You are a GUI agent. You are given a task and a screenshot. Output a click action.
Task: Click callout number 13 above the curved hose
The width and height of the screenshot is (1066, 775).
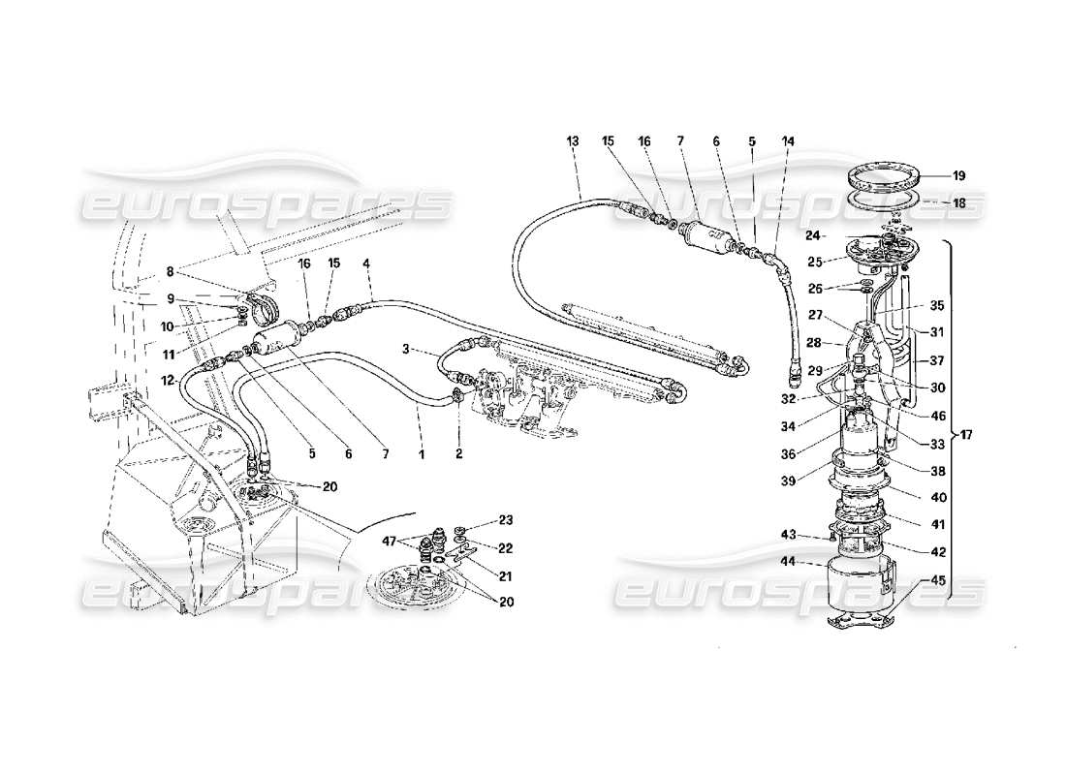pos(573,141)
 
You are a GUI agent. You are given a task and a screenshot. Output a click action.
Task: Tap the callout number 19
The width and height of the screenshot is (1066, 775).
pos(958,176)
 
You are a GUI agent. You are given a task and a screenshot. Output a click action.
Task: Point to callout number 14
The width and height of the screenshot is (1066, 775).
pos(788,141)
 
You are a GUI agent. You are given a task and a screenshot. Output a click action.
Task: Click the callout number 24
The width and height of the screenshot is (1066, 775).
pos(814,233)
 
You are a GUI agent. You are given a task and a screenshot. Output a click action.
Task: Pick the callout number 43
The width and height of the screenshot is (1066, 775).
pos(791,535)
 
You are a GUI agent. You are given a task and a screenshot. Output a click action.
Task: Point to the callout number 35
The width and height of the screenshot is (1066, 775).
pos(936,304)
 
